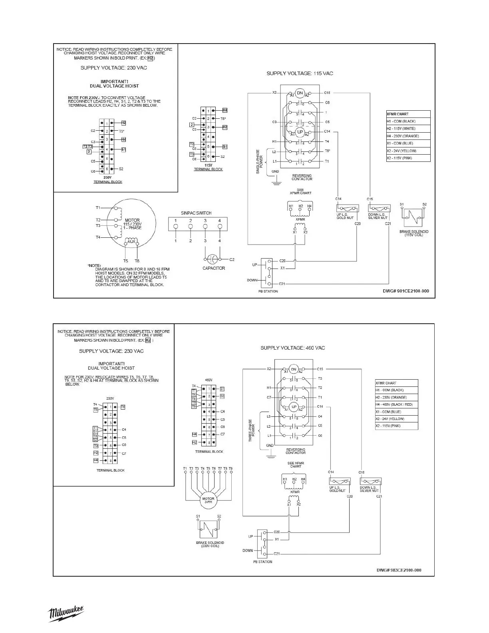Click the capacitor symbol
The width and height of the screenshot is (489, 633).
click(x=213, y=259)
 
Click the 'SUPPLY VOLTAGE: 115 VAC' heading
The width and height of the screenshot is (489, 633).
click(x=300, y=74)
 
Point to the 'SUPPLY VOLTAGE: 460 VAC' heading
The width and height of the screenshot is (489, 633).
click(x=292, y=348)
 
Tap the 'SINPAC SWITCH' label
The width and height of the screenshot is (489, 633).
click(x=196, y=213)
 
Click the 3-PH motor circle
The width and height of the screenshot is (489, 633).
click(x=208, y=500)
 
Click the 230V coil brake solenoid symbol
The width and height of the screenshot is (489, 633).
click(x=209, y=530)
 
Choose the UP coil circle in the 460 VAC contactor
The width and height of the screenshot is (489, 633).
click(x=294, y=407)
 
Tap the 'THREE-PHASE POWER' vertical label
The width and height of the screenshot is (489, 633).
click(x=252, y=430)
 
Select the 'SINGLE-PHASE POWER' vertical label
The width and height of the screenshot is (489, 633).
click(x=259, y=161)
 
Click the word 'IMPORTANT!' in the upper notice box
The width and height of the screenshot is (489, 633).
click(x=114, y=82)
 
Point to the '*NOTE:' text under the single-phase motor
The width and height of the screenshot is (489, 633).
click(x=94, y=265)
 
